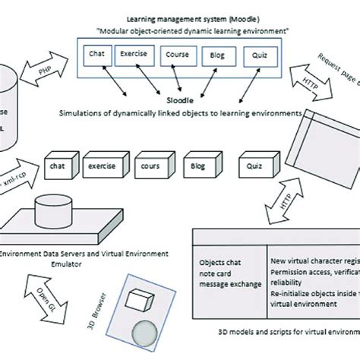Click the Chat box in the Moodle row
click(97, 54)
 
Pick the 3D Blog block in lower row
click(200, 163)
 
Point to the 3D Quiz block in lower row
click(254, 163)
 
